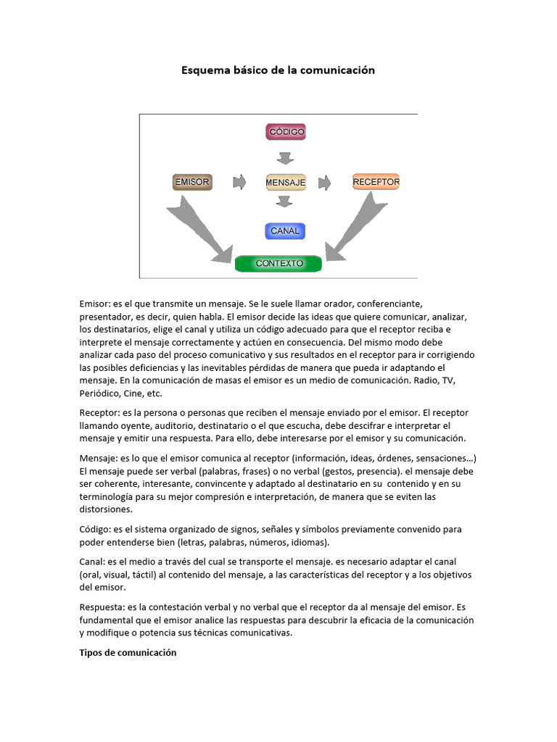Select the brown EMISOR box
click(191, 182)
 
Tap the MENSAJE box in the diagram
click(286, 183)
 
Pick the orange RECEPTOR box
click(376, 182)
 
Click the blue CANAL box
click(285, 231)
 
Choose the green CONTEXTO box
click(279, 263)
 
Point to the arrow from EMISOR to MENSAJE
click(239, 182)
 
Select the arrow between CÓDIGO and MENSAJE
click(285, 157)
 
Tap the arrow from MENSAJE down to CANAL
click(285, 201)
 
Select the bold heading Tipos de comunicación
click(128, 652)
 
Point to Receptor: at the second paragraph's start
click(101, 412)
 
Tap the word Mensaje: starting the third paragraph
click(100, 458)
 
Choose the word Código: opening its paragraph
click(96, 529)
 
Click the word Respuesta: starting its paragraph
click(103, 607)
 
